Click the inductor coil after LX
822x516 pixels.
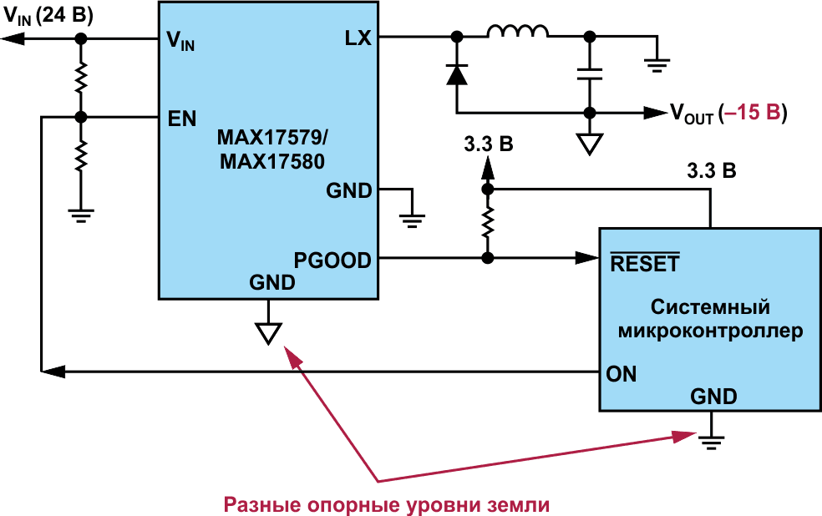tap(518, 33)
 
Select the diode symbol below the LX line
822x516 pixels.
tap(456, 74)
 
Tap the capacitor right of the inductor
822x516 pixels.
tap(590, 73)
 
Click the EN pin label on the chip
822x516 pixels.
tap(182, 119)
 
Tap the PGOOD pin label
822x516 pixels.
tap(332, 260)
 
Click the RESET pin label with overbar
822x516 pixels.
tap(644, 264)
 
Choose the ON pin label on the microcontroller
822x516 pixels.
tap(622, 374)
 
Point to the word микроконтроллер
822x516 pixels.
tap(710, 331)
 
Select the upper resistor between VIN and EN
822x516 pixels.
tap(80, 78)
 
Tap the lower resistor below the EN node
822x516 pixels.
tap(80, 155)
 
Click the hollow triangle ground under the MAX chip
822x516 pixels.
tap(267, 332)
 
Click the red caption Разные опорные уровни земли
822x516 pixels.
tap(388, 504)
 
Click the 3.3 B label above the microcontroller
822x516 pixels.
tap(711, 172)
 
